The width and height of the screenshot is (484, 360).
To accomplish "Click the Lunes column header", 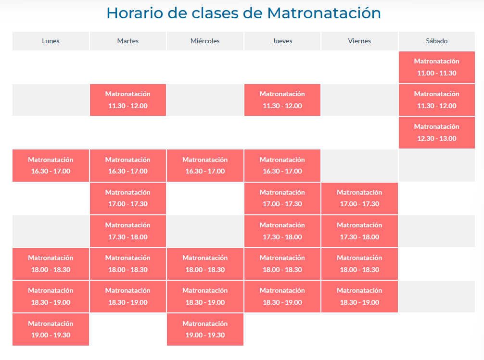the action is (51, 41).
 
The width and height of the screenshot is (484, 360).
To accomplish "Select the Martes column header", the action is (128, 41).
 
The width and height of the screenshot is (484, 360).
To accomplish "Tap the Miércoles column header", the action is (205, 41).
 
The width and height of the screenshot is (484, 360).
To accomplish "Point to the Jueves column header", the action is (282, 41).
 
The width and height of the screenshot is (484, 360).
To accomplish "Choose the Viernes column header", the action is (359, 41).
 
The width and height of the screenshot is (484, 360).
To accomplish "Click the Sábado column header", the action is (437, 41).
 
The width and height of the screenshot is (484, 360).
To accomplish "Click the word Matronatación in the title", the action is (324, 13).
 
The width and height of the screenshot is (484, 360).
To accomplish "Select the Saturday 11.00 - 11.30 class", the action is (437, 67).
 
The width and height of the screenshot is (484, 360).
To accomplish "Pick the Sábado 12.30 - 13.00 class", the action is (437, 133).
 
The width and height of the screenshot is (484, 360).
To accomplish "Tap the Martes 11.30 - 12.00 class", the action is (128, 100).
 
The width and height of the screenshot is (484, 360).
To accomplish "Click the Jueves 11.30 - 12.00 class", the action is (282, 100).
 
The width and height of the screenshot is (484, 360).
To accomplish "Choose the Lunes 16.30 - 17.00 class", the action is (51, 166).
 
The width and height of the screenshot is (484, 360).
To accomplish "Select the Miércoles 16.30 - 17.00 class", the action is (205, 166).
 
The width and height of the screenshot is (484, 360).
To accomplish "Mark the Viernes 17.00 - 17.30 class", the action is (359, 199).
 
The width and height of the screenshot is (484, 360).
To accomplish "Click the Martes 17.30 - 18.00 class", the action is (128, 231).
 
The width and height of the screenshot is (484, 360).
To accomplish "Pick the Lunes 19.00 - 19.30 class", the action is (51, 329).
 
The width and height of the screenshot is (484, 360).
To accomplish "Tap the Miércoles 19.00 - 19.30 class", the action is (205, 329).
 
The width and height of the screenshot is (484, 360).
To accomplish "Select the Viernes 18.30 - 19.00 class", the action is (359, 297).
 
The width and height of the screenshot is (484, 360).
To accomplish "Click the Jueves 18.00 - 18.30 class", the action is (282, 264).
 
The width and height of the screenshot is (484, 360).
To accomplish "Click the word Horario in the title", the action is (135, 13).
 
